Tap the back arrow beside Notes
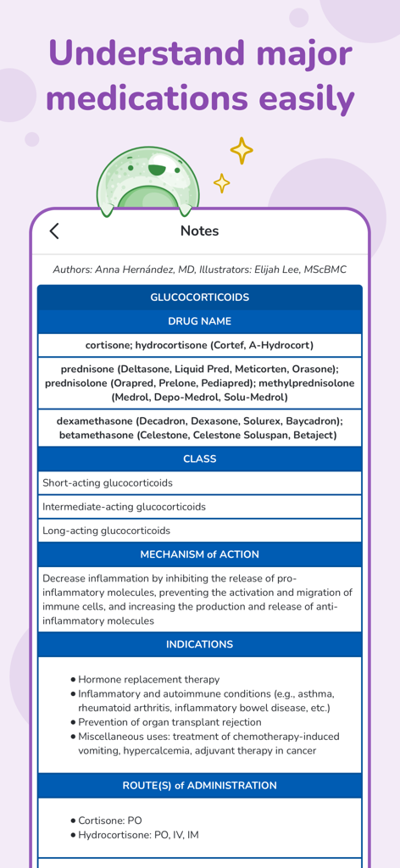(x=54, y=231)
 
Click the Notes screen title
(x=199, y=231)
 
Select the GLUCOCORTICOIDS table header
(x=199, y=298)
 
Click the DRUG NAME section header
(x=199, y=321)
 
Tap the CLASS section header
(x=199, y=459)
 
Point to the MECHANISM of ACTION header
(x=199, y=554)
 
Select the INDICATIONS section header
(x=199, y=644)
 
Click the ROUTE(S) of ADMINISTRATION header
(x=199, y=786)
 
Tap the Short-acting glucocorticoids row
(x=108, y=483)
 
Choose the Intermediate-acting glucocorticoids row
(x=124, y=507)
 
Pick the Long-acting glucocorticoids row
(x=106, y=531)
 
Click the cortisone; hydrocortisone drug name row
(x=199, y=345)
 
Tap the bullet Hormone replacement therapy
(x=148, y=679)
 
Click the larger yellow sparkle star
(x=242, y=151)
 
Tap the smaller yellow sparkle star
(x=221, y=183)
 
